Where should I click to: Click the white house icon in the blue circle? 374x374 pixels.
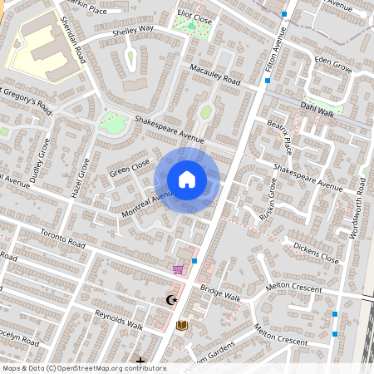[x=187, y=180]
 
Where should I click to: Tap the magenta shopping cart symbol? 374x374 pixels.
[x=178, y=269]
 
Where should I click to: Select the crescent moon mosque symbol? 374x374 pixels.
[x=172, y=300]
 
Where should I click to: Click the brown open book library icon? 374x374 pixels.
[x=181, y=325]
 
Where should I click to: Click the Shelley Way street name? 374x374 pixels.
[x=133, y=32]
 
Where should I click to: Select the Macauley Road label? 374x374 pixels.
[x=214, y=75]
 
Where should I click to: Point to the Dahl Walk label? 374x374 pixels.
[x=317, y=107]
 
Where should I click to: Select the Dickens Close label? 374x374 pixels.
[x=317, y=253]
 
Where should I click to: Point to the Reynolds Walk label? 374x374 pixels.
[x=119, y=320]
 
